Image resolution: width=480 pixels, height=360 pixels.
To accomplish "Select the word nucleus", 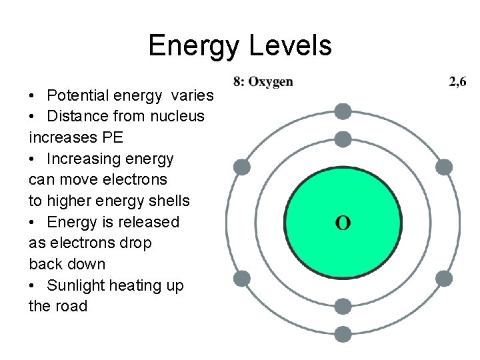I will (x=179, y=116).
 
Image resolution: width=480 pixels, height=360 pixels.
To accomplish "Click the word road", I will (x=71, y=307).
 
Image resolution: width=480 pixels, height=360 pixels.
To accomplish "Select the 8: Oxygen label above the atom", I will (x=263, y=82).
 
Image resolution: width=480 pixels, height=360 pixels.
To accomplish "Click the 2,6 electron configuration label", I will (x=457, y=82).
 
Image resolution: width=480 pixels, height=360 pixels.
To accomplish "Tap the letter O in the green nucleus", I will (x=343, y=223).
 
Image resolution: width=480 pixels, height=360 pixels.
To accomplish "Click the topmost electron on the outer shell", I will (x=343, y=111).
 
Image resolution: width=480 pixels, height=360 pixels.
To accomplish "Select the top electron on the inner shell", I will (x=343, y=139).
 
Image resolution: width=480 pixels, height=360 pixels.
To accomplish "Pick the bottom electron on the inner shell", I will (x=343, y=306).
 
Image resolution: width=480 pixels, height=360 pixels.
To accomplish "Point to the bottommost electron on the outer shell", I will (x=343, y=334).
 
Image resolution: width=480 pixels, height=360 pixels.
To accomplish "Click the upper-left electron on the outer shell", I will (x=243, y=167).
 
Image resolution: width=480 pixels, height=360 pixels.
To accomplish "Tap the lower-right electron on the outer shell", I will (x=444, y=278).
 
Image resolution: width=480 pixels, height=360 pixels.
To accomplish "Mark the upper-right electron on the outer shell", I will (x=444, y=167).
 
